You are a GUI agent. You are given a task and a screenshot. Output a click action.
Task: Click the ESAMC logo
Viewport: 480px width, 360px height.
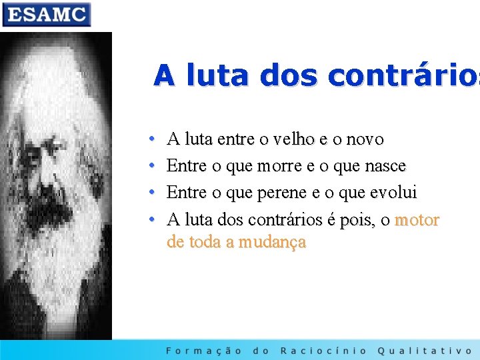click(46, 14)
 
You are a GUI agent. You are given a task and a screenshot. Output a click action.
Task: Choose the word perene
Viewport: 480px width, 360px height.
click(282, 193)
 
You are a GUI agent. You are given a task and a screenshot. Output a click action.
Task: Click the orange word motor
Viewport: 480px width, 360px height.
click(417, 219)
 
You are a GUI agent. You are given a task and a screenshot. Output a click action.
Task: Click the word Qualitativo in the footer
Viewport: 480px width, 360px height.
click(425, 350)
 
